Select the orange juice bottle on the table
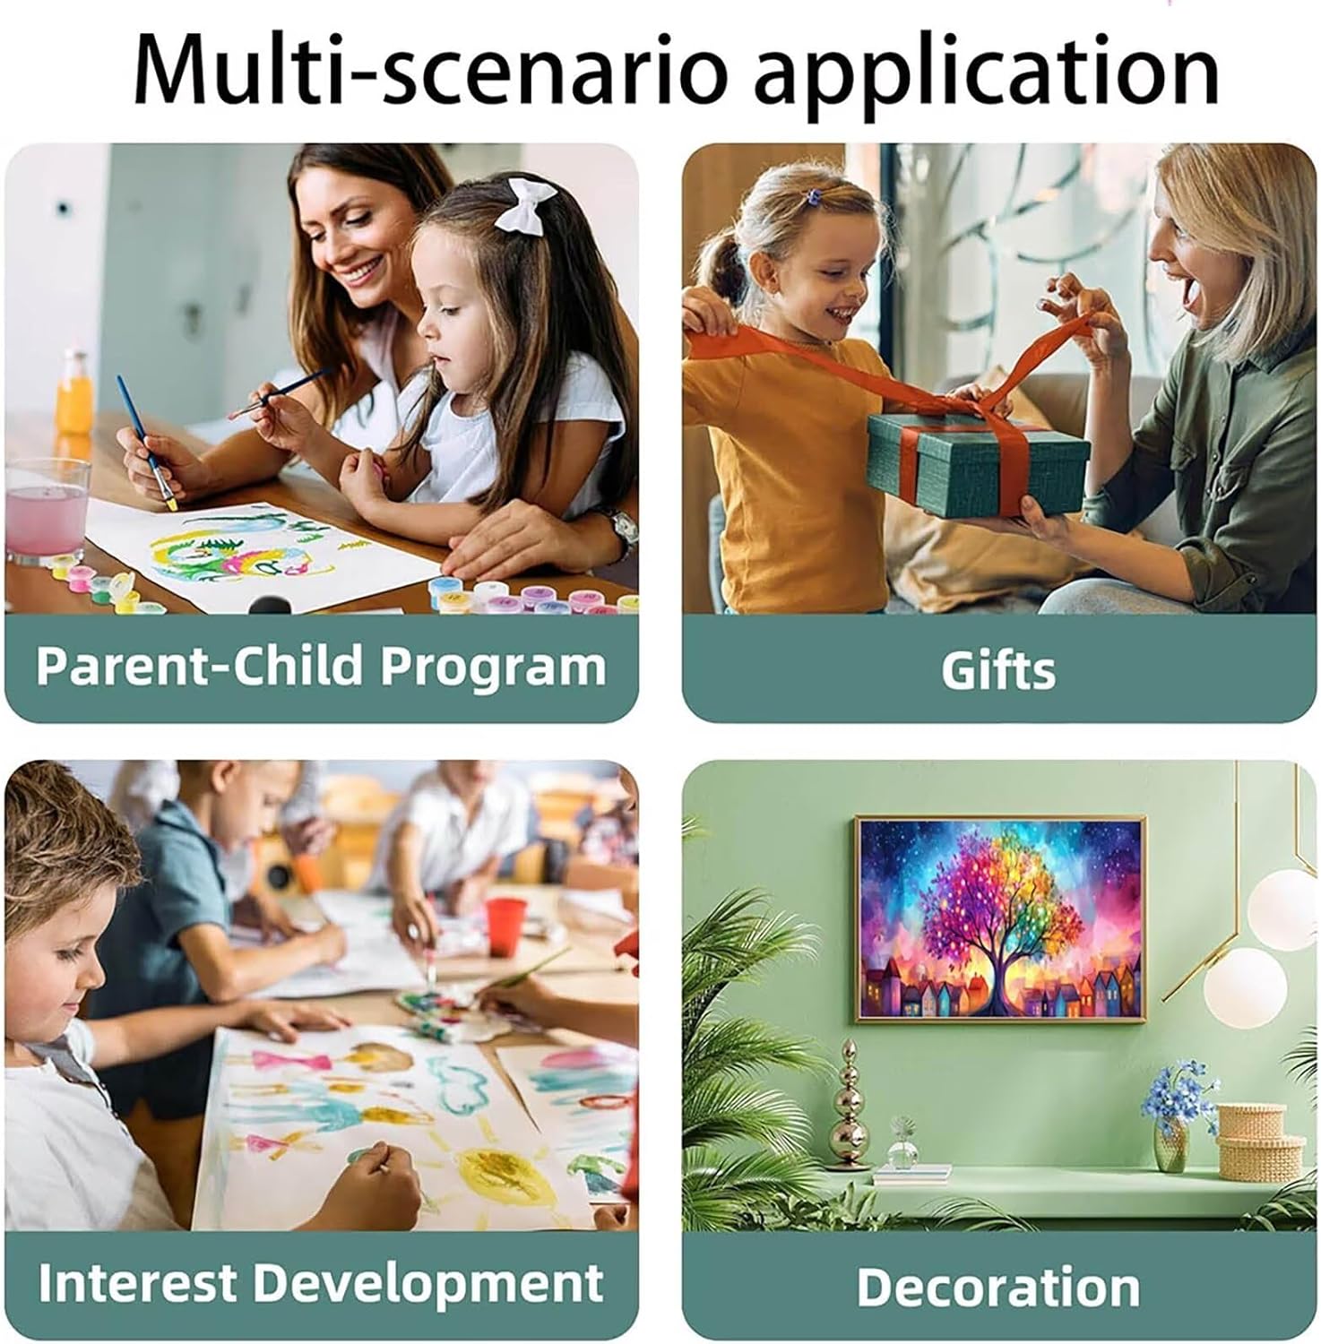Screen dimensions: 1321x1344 coord(74,393)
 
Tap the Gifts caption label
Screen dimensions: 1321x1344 coord(998,670)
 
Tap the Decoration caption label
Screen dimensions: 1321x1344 coord(998,1288)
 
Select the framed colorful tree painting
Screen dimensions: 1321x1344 coord(1000,918)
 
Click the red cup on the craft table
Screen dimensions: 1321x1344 coord(505,926)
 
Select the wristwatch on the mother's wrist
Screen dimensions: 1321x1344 coord(623,530)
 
